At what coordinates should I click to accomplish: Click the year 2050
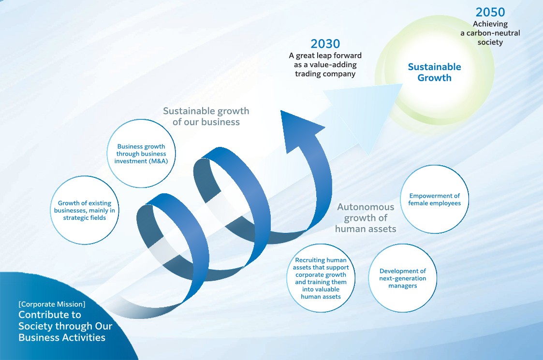click(490, 12)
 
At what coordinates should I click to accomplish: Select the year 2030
click(325, 44)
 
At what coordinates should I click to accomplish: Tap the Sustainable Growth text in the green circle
click(434, 72)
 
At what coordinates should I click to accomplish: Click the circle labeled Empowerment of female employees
click(434, 200)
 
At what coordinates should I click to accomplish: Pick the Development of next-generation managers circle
click(402, 278)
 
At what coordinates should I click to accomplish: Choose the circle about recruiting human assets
click(321, 278)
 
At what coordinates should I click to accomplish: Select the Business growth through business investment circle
click(141, 153)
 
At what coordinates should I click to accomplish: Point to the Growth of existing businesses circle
click(85, 210)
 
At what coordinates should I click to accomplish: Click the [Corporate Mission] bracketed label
click(52, 304)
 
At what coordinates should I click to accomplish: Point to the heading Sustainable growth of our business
click(206, 116)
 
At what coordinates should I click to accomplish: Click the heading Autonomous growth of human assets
click(366, 218)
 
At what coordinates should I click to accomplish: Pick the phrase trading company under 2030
click(325, 74)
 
